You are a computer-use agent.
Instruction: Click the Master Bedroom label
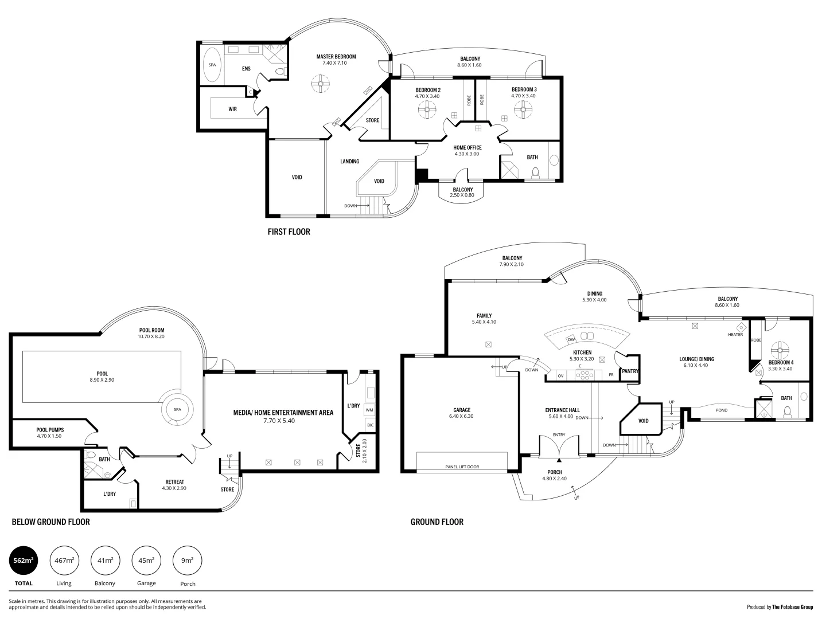tap(336, 57)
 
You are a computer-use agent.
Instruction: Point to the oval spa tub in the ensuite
tap(212, 65)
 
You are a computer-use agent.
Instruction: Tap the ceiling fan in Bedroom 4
tap(780, 349)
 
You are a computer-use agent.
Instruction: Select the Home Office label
tap(467, 148)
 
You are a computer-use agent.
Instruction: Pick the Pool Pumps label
tap(50, 430)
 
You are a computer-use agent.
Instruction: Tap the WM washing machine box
tap(369, 410)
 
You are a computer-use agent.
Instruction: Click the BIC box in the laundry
tap(369, 425)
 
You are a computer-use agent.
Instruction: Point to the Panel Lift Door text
tap(462, 467)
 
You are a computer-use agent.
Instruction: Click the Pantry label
tap(630, 371)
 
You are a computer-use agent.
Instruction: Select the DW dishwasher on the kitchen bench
tap(571, 340)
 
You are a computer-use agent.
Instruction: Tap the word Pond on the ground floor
tap(722, 410)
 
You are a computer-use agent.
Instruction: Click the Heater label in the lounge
tap(735, 335)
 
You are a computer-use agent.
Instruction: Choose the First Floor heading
tap(289, 232)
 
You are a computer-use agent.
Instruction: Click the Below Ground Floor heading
tap(50, 522)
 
